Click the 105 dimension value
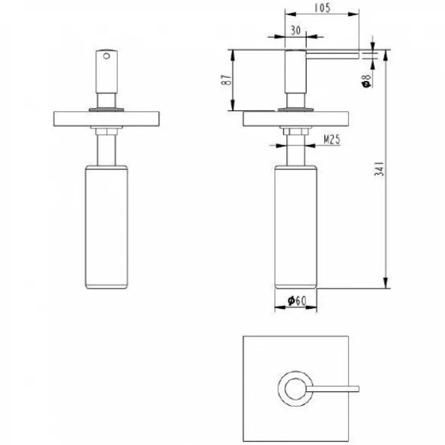tap(323, 8)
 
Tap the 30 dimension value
tap(295, 30)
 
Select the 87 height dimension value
tap(226, 80)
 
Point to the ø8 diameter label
tap(366, 81)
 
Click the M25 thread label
tap(332, 139)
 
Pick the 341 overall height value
tap(379, 169)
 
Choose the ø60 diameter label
tap(297, 301)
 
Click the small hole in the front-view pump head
tap(107, 56)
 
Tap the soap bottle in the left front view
tap(107, 227)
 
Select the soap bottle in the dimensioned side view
tap(295, 227)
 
